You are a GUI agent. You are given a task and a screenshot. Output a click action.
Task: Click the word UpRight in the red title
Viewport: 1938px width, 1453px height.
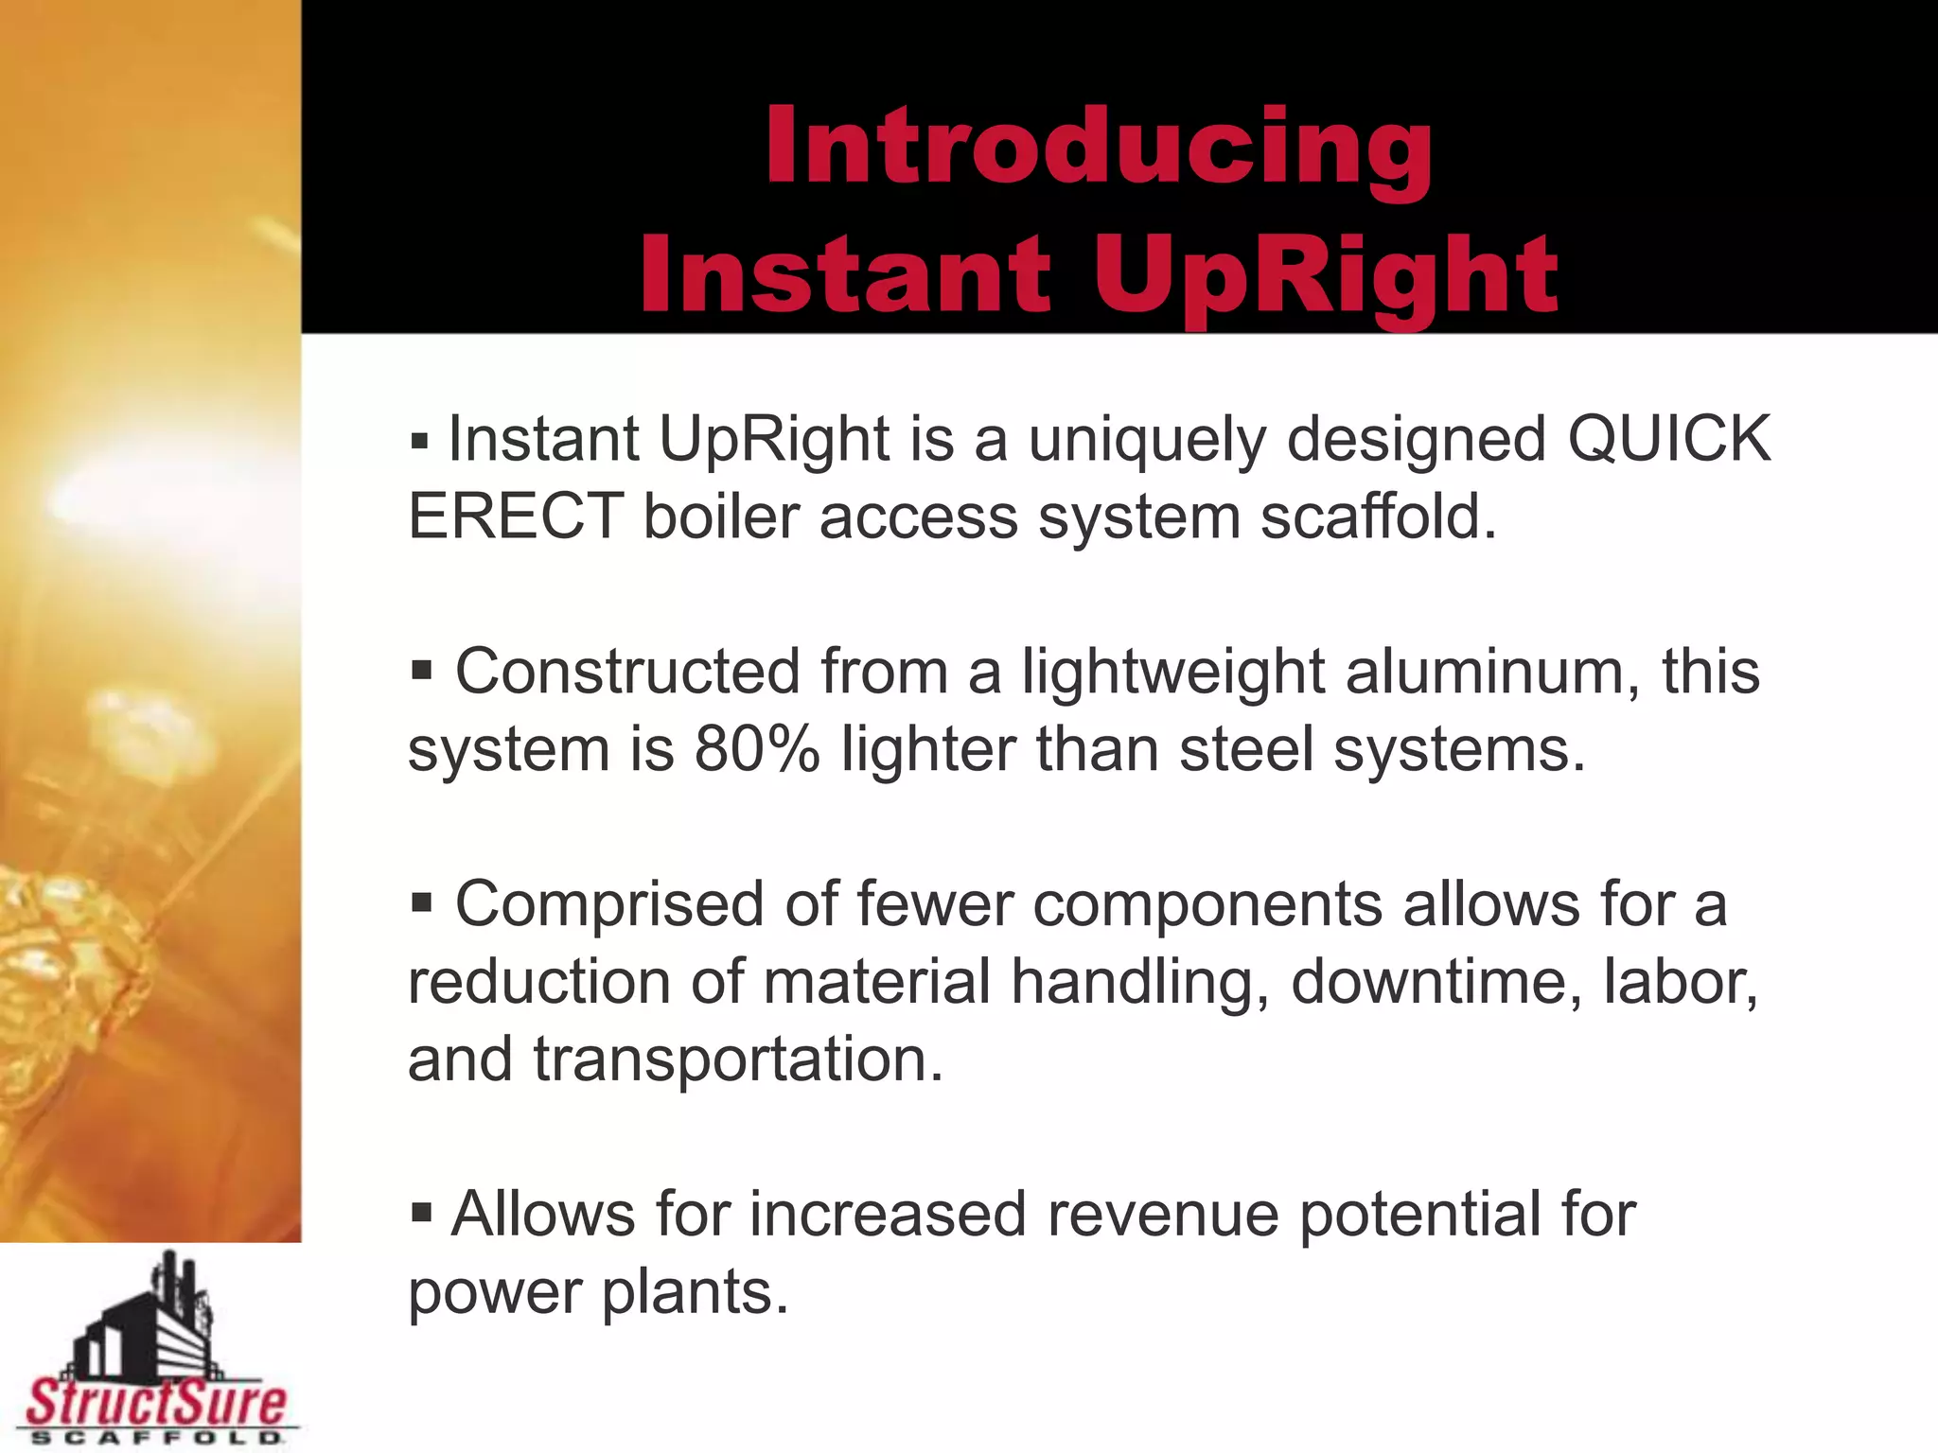(1325, 276)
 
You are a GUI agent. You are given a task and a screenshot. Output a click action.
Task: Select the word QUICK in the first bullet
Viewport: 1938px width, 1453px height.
(1669, 439)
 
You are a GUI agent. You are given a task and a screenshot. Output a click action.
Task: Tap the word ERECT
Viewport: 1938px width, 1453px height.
(516, 517)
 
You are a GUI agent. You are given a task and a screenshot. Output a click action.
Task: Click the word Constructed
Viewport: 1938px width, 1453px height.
(627, 672)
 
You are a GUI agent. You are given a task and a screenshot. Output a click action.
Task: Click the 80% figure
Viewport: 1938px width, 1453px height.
(756, 749)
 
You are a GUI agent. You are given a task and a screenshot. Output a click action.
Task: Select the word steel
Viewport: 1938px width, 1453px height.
(1246, 749)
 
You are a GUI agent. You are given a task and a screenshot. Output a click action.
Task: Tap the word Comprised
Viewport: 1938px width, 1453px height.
(609, 904)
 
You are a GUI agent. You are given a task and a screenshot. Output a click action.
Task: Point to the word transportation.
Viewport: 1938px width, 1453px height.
(738, 1059)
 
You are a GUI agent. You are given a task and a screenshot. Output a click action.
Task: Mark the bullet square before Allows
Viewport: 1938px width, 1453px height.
(422, 1212)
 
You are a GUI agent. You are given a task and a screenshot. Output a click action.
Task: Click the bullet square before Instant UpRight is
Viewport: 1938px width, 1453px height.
(420, 441)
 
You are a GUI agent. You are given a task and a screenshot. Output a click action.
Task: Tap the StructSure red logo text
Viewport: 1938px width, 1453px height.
(156, 1403)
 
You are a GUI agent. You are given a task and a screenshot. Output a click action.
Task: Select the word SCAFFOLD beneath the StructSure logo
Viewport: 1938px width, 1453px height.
(156, 1438)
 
